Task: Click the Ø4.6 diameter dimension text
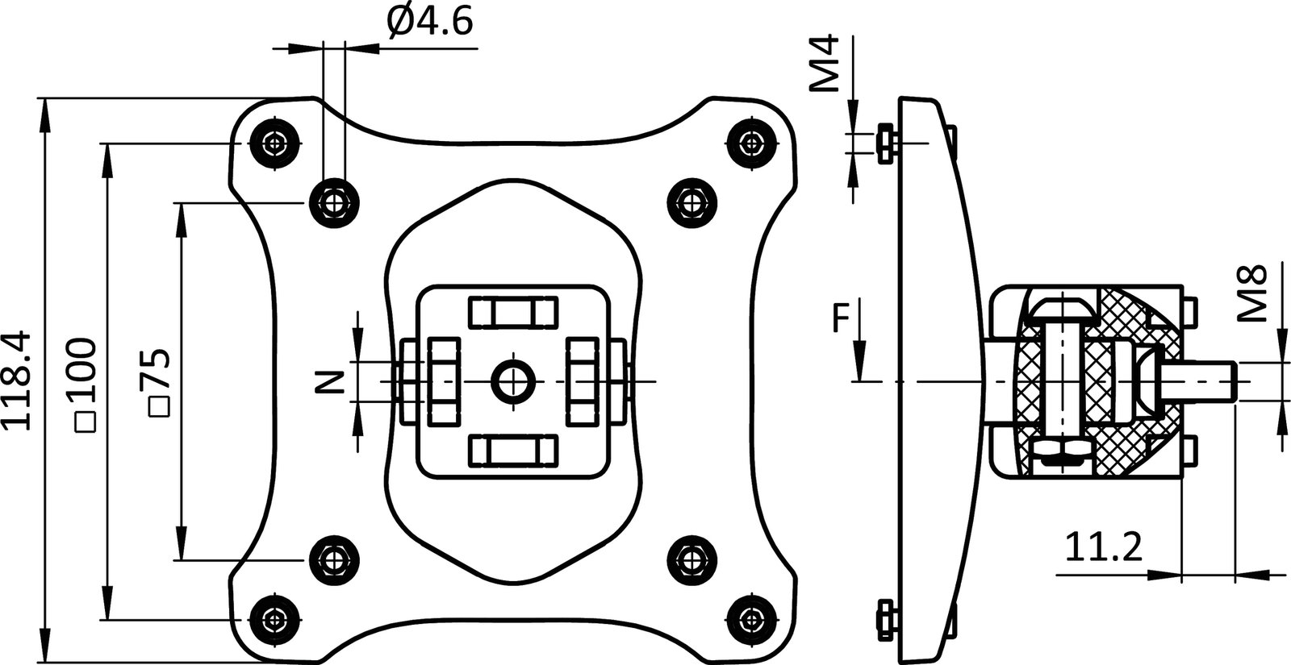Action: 428,22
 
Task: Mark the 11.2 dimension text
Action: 1103,549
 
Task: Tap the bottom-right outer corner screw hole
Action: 752,619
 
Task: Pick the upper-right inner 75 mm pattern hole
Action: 692,202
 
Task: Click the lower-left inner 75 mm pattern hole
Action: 335,559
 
